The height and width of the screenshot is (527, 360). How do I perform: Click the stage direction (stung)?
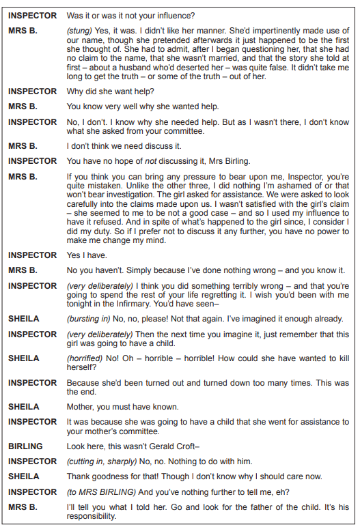79,31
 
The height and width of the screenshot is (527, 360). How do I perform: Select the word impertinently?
256,31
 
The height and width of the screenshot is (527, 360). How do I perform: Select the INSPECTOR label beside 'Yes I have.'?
32,255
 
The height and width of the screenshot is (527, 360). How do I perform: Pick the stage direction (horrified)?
85,358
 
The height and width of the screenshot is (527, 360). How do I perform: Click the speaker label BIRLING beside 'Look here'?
25,446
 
